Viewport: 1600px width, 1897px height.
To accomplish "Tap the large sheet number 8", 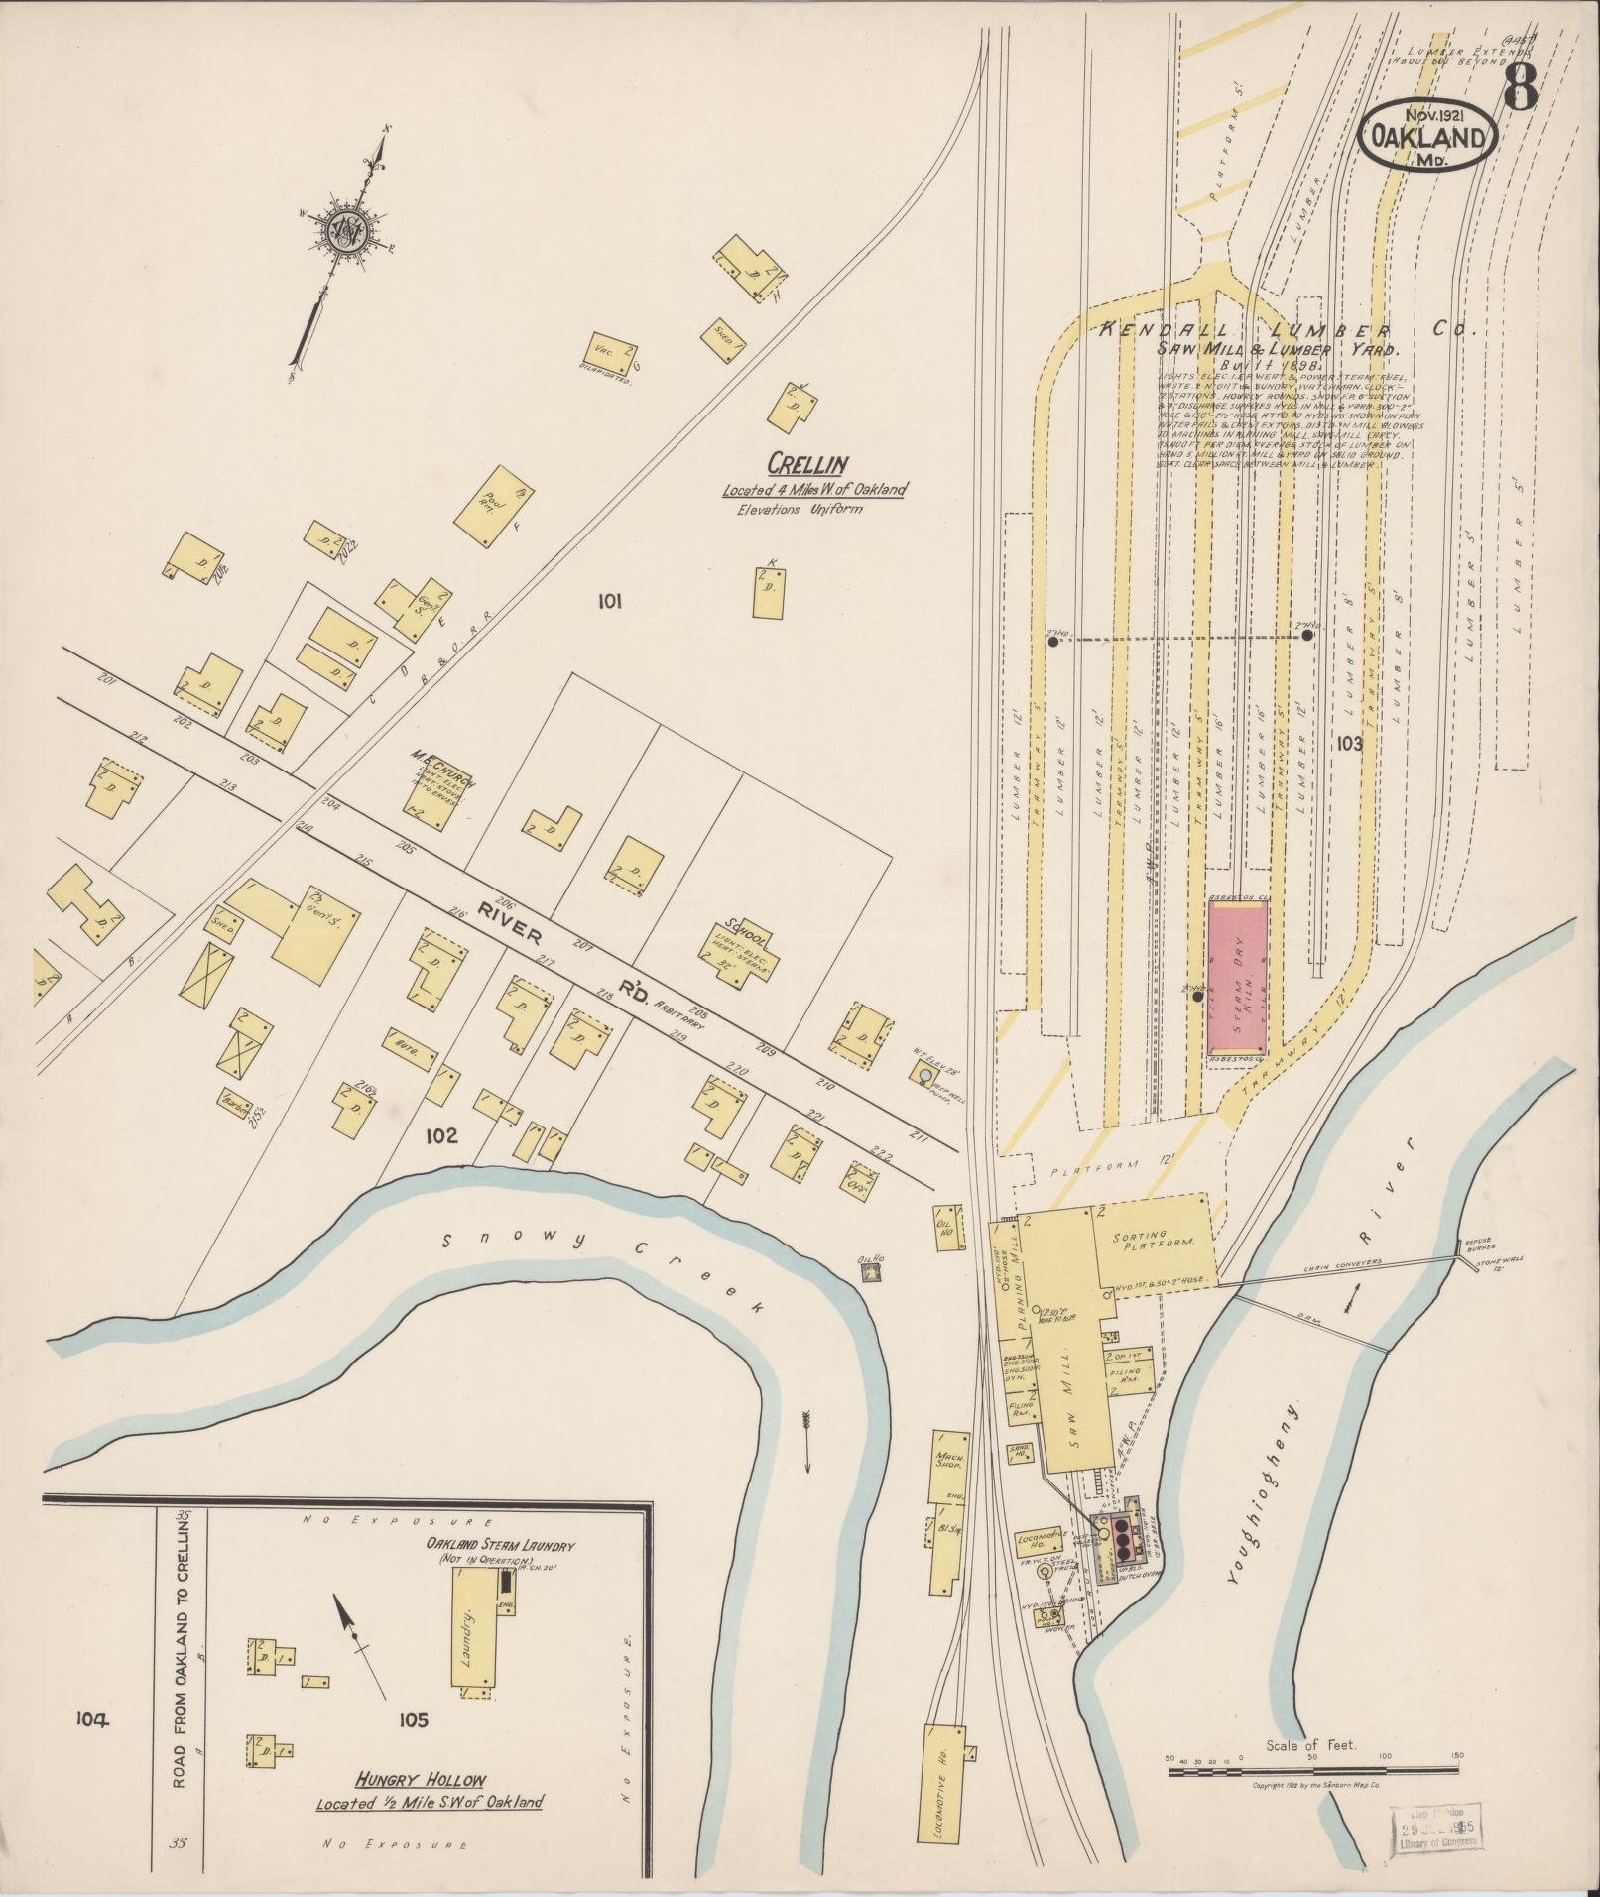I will [x=1520, y=85].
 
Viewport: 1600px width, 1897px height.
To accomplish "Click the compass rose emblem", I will [x=349, y=230].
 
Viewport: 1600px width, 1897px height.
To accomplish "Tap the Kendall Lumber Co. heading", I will [x=1290, y=332].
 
